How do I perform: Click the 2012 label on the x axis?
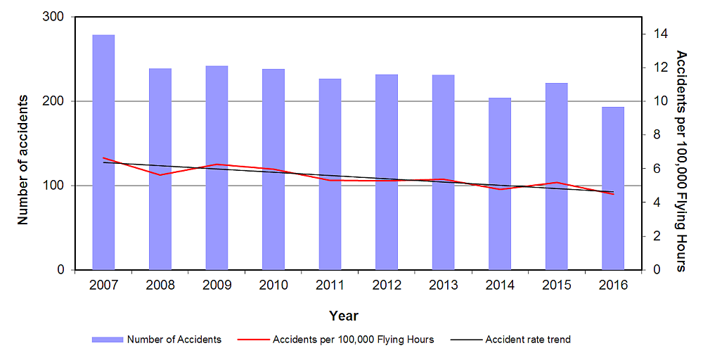point(387,285)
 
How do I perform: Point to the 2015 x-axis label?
point(556,285)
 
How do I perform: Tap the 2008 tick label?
point(160,285)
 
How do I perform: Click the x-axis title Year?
point(344,316)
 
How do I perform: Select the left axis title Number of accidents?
point(22,159)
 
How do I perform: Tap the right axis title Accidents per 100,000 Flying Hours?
point(681,160)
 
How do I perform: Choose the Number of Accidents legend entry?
point(174,340)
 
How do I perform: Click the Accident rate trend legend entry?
point(527,340)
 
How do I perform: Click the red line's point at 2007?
point(103,158)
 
